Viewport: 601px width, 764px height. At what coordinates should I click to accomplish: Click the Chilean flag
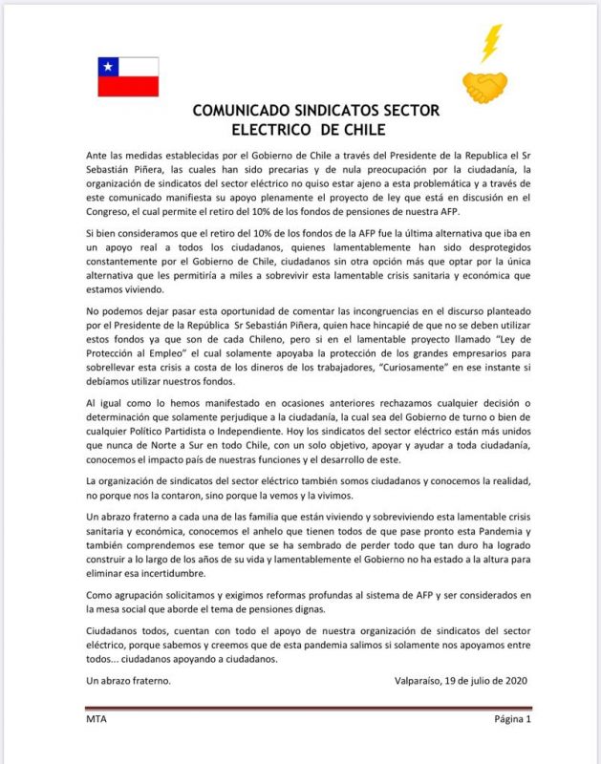(128, 76)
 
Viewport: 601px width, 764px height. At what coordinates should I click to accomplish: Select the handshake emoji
(484, 87)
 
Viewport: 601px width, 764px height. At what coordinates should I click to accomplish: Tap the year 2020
(511, 680)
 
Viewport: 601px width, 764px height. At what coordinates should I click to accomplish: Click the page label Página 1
(511, 719)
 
